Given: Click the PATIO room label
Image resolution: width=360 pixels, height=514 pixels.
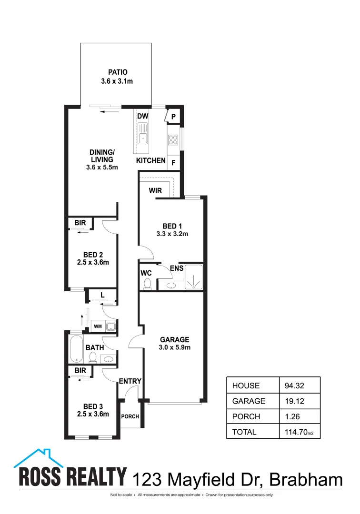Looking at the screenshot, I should [x=117, y=73].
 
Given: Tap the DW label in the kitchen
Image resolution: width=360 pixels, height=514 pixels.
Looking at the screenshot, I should [x=142, y=116].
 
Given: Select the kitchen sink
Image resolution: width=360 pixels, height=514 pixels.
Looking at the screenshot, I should [x=143, y=134].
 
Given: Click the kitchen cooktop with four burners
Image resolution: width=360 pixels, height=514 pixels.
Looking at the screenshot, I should [x=172, y=140].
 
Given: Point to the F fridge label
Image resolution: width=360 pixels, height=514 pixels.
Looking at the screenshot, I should [x=173, y=162].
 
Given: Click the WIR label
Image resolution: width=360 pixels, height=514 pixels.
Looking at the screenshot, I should [x=156, y=190].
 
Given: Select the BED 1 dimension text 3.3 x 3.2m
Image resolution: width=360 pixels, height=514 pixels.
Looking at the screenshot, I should [x=172, y=234].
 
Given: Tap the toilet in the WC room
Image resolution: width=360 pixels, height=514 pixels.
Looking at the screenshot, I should [x=147, y=284].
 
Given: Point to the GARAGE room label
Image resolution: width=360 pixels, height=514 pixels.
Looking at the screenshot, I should [x=174, y=339].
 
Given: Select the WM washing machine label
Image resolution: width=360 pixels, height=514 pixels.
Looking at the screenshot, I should [x=98, y=326].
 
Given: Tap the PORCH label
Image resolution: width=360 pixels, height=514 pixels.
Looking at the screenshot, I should [x=130, y=416].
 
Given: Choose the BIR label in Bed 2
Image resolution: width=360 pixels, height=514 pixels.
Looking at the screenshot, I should [x=80, y=223].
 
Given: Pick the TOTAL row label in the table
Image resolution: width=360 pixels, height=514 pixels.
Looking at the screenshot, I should [x=244, y=432].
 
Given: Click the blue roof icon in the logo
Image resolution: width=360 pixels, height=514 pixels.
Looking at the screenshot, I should [x=40, y=458].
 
